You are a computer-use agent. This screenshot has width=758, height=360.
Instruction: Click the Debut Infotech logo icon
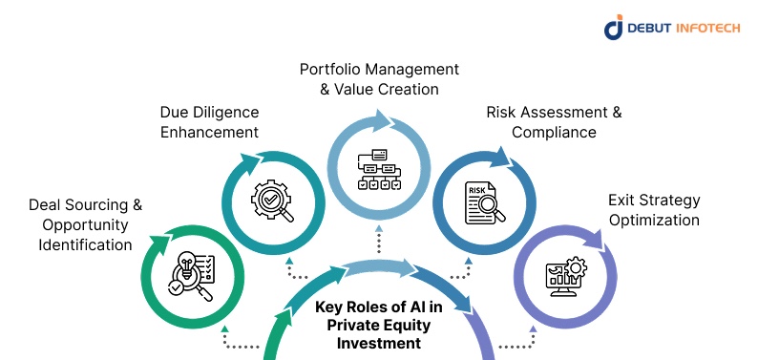pyautogui.click(x=614, y=28)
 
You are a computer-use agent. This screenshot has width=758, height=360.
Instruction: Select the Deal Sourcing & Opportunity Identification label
pyautogui.click(x=85, y=224)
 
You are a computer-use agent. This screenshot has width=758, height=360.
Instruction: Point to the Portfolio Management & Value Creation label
pyautogui.click(x=379, y=79)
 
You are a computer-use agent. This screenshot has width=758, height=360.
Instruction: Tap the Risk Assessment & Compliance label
pyautogui.click(x=554, y=122)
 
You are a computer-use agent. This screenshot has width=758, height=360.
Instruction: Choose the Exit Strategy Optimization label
pyautogui.click(x=654, y=210)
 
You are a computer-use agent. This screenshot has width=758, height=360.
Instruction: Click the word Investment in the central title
pyautogui.click(x=379, y=343)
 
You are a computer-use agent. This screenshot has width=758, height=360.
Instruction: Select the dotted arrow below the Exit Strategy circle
pyautogui.click(x=527, y=338)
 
